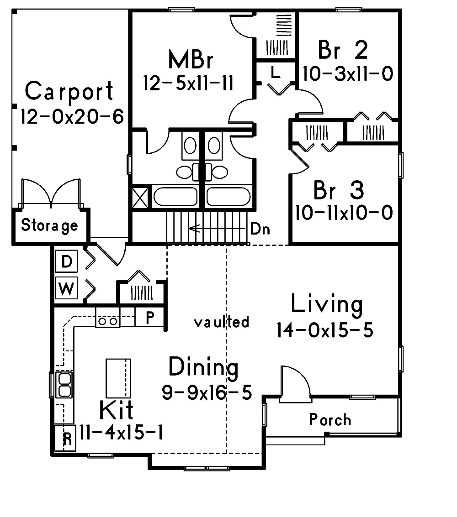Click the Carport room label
pyautogui.click(x=69, y=91)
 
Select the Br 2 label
pyautogui.click(x=343, y=50)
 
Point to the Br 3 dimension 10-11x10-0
pyautogui.click(x=344, y=213)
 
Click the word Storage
pyautogui.click(x=49, y=225)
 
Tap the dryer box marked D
pyautogui.click(x=67, y=262)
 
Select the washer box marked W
pyautogui.click(x=67, y=289)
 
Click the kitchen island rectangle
pyautogui.click(x=118, y=378)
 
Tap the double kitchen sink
pyautogui.click(x=64, y=384)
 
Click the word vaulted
pyautogui.click(x=222, y=322)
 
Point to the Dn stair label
pyautogui.click(x=260, y=229)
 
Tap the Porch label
pyautogui.click(x=330, y=419)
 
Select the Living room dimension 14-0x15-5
pyautogui.click(x=324, y=330)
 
